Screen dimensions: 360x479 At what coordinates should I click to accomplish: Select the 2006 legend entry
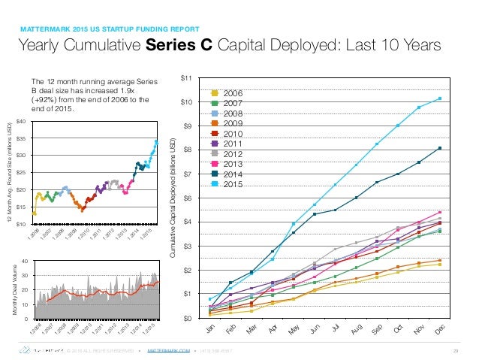(x=230, y=92)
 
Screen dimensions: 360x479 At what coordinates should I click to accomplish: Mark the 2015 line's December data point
(x=439, y=98)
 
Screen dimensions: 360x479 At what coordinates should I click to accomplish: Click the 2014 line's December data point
(x=439, y=148)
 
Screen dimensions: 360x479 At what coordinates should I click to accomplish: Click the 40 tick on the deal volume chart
(x=24, y=261)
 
